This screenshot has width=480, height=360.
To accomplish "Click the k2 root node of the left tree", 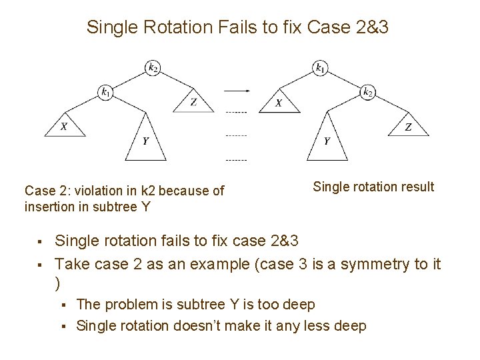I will click(x=153, y=67).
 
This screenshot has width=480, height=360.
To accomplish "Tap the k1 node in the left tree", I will click(x=105, y=93).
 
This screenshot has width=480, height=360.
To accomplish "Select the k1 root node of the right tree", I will click(x=321, y=67).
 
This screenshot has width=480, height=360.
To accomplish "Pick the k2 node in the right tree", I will click(x=368, y=93).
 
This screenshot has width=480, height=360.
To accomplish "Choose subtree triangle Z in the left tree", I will click(x=193, y=102).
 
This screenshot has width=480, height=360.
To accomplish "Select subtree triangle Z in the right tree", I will click(x=408, y=127).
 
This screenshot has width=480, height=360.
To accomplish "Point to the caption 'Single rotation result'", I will click(x=373, y=187).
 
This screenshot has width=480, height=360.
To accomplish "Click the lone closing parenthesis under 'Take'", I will click(x=57, y=283).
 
